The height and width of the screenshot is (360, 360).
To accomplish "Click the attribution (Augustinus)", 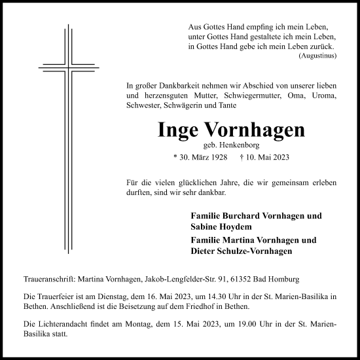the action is click(x=317, y=56).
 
